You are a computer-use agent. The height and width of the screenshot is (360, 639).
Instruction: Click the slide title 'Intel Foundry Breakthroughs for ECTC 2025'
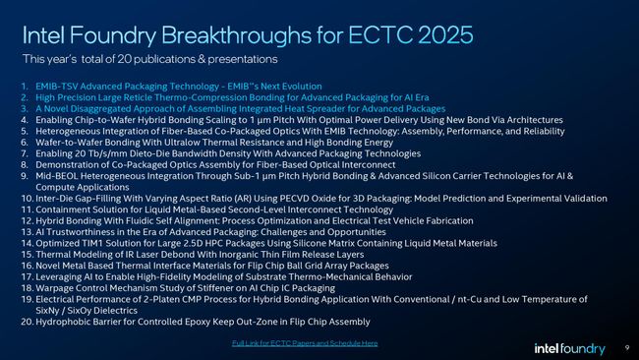pos(247,35)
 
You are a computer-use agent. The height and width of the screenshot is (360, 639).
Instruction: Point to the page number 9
pos(627,347)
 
